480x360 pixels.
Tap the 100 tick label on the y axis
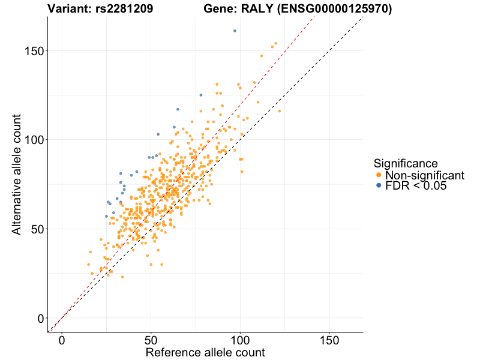33,140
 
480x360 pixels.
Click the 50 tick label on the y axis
37,229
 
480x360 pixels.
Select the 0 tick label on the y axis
40,318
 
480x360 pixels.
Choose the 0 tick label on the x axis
62,340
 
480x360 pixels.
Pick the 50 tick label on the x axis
151,340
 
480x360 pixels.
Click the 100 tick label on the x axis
241,340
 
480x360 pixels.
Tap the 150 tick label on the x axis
329,340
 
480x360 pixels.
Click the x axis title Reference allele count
205,352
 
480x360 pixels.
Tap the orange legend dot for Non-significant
379,175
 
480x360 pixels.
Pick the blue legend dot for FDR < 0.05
379,186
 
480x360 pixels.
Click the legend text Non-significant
425,175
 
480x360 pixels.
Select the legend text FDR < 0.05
416,186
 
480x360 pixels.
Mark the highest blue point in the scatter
235,31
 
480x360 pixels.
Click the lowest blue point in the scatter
106,216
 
